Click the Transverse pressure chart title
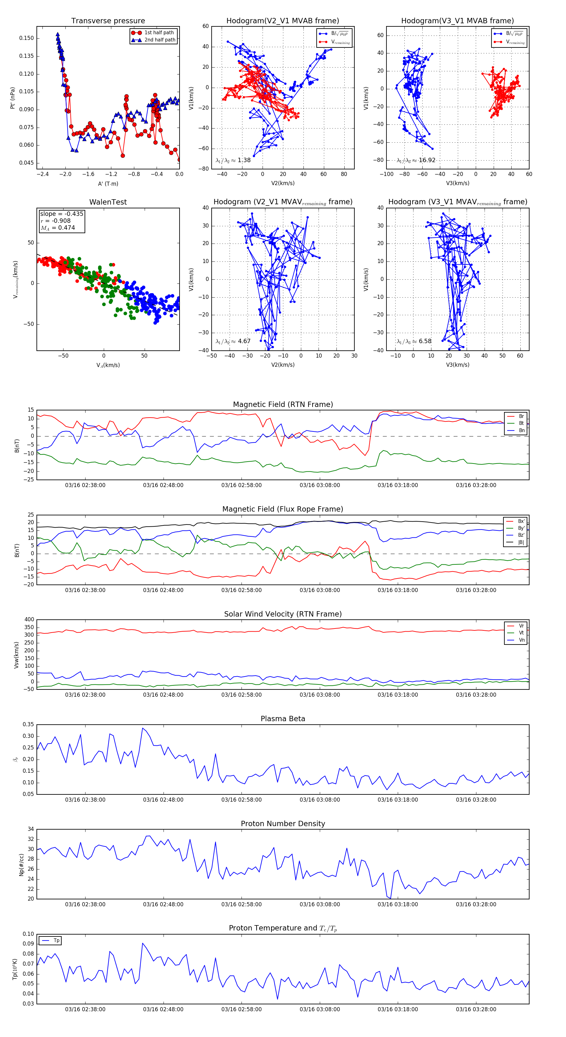[108, 21]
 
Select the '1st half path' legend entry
[159, 33]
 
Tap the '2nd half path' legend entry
[159, 40]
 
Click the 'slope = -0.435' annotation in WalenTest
[62, 214]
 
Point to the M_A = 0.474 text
[58, 228]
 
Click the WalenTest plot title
[108, 202]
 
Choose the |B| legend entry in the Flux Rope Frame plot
[520, 542]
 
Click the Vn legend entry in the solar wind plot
[521, 640]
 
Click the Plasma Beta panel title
[283, 719]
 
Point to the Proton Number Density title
[283, 824]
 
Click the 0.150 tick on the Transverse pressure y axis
[27, 38]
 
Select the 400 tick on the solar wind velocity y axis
[29, 620]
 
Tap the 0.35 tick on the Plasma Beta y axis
[28, 725]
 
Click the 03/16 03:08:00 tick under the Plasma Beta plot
[319, 800]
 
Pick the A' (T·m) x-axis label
[108, 184]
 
